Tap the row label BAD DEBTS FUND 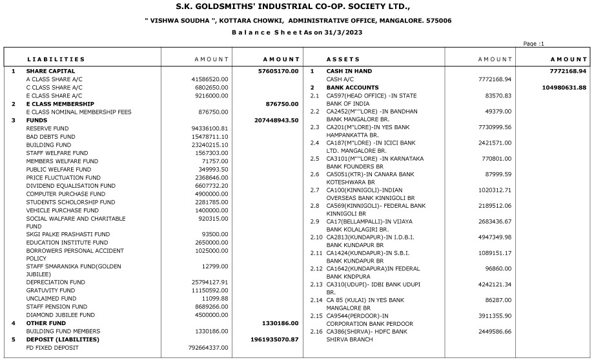tap(51, 137)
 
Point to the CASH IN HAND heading tap(349, 71)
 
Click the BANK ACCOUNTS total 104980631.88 tap(556, 87)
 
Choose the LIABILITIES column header tap(56, 59)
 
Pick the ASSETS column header tap(343, 59)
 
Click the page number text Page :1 tap(534, 44)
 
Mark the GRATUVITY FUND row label tap(51, 291)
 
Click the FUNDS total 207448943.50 tap(276, 120)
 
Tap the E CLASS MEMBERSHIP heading tap(61, 104)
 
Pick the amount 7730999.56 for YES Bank tap(493, 128)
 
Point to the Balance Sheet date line tap(296, 32)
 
